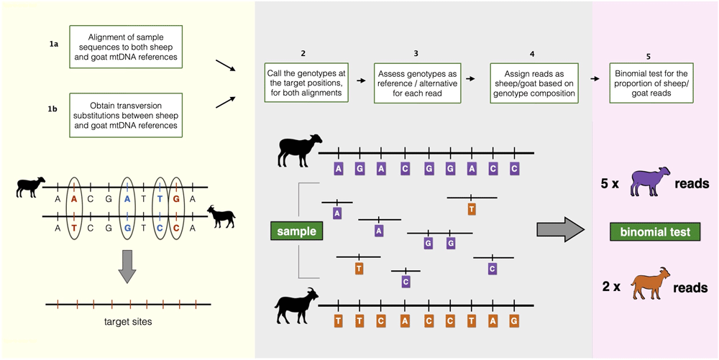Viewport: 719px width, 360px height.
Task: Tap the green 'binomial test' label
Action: pos(655,232)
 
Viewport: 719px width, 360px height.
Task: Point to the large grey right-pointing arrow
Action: pos(560,230)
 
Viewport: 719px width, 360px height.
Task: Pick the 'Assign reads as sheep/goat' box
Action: pos(532,83)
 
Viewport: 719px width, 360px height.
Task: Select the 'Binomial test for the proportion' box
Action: pos(649,83)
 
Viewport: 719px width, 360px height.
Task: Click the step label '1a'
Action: pos(54,45)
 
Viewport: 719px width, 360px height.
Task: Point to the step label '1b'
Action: pos(54,109)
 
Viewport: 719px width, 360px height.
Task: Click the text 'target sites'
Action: pos(129,321)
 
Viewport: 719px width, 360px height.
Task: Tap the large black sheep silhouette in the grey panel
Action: pos(299,149)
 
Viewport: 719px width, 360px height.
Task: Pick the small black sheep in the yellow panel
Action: pos(31,187)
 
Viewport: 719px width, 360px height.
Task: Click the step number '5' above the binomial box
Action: pos(648,57)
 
